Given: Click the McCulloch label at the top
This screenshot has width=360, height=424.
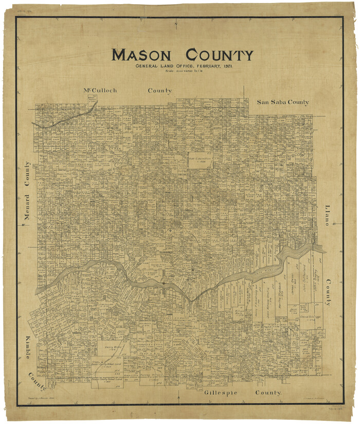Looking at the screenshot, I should click(100, 91).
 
